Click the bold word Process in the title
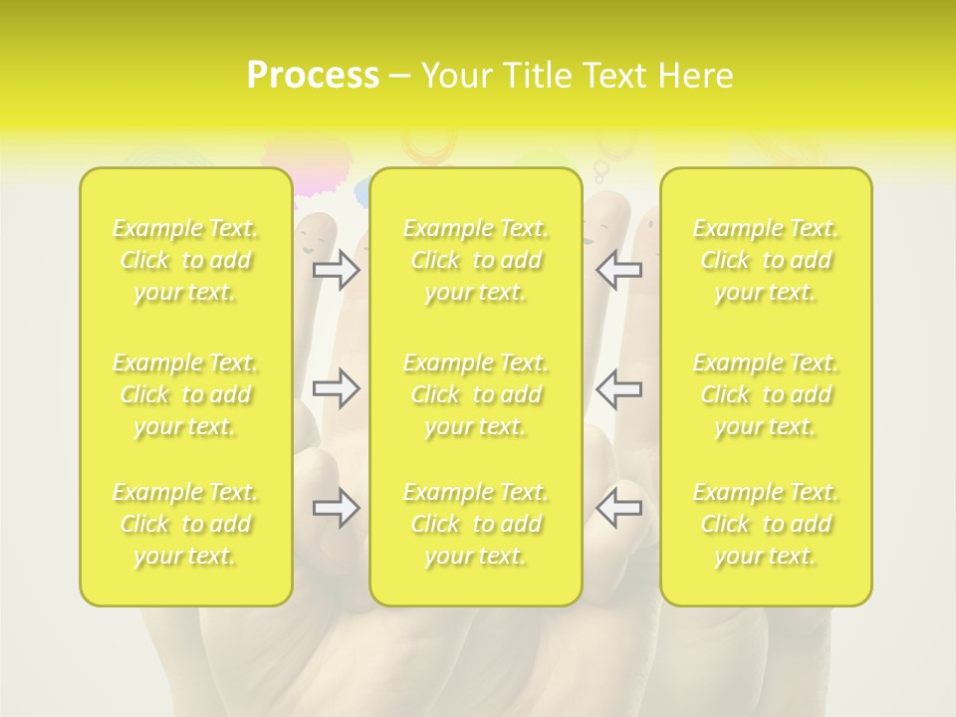coord(313,76)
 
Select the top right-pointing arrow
coord(336,270)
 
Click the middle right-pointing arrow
coord(336,388)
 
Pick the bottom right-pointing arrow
coord(336,509)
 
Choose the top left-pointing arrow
coord(618,270)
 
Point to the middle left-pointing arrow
coord(618,388)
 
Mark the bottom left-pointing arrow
coord(618,509)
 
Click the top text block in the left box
coord(185,260)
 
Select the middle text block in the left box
coord(185,394)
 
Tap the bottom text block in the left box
coord(185,524)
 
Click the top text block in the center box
coord(476,260)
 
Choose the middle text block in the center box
coord(476,394)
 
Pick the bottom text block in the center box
coord(476,524)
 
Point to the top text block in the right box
coord(766,260)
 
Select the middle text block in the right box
coord(766,394)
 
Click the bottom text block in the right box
coord(766,524)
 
